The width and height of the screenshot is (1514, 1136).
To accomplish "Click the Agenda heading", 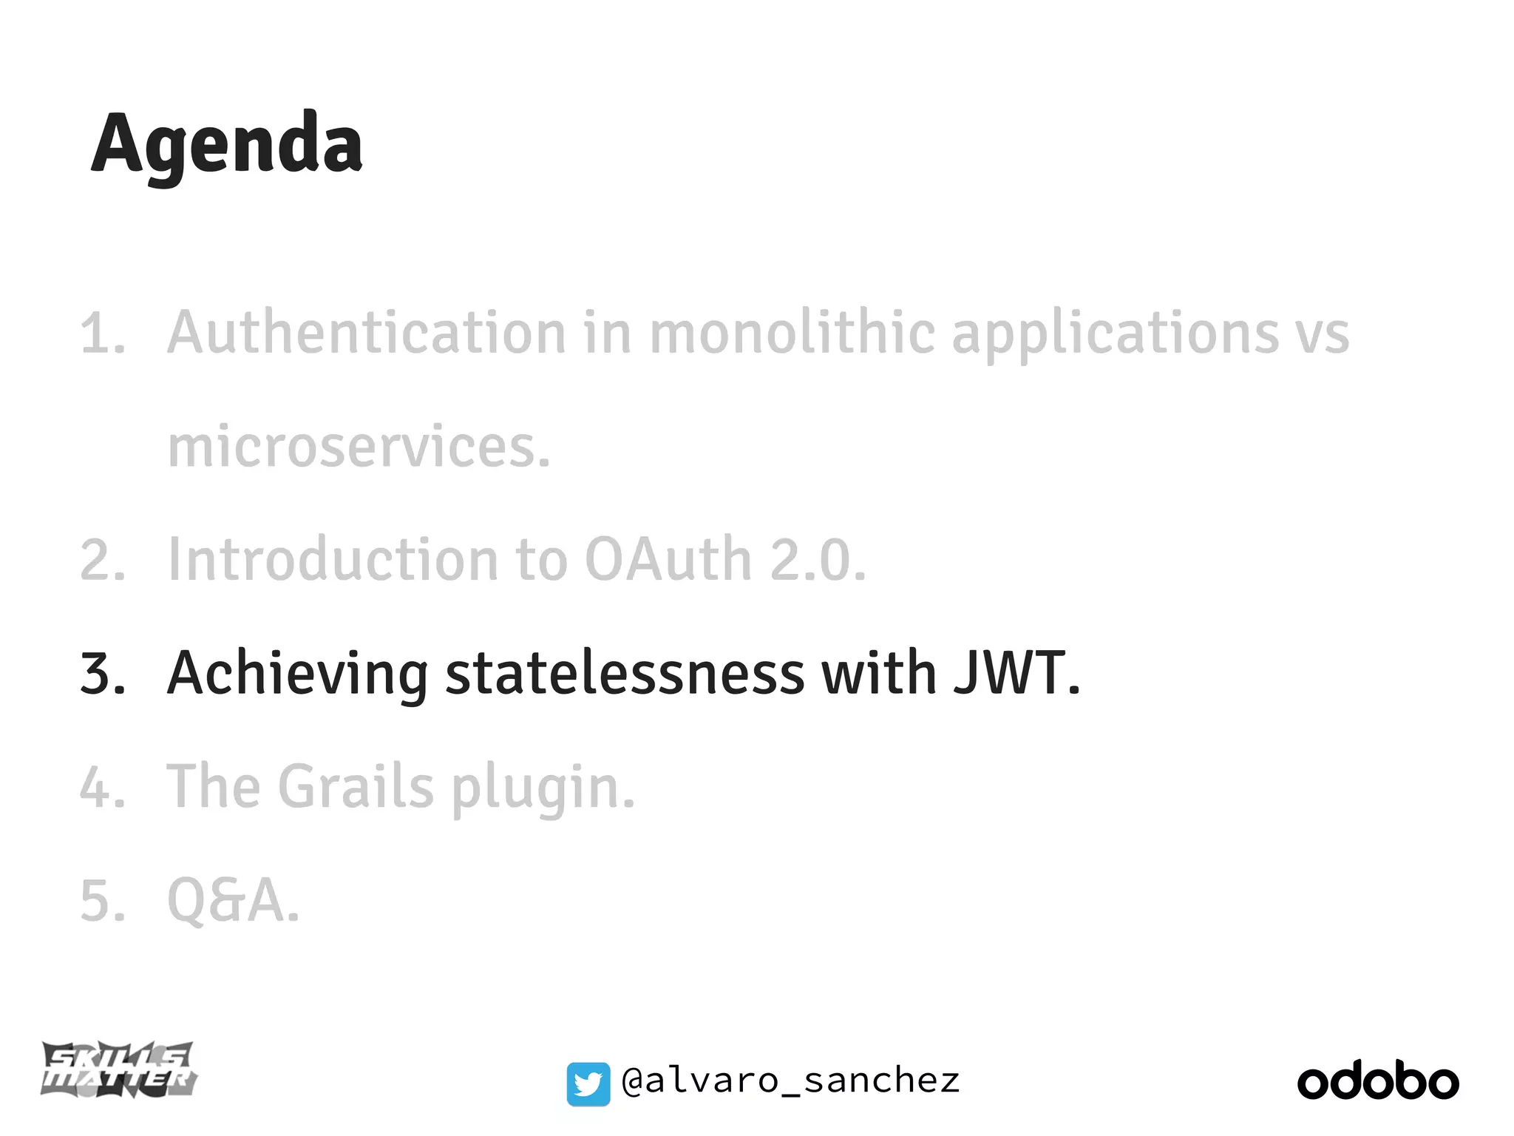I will click(x=227, y=144).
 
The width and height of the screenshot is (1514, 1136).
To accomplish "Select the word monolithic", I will click(x=792, y=333).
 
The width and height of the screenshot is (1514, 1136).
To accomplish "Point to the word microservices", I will click(x=359, y=447).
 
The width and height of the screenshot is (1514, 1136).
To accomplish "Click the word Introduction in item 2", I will click(x=333, y=560).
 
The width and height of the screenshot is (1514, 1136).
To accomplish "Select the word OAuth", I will click(x=668, y=560).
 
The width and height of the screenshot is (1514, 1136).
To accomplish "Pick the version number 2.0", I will click(x=817, y=560).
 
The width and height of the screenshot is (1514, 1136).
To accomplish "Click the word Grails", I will click(x=356, y=787).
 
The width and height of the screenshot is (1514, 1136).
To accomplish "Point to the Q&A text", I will click(x=234, y=901).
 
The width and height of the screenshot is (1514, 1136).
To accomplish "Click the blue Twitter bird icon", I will click(x=588, y=1084).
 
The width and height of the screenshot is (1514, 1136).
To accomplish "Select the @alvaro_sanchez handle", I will click(x=791, y=1081).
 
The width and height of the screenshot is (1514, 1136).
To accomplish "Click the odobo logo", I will click(x=1378, y=1081).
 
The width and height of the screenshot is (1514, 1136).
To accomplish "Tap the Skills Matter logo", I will click(x=118, y=1069).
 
